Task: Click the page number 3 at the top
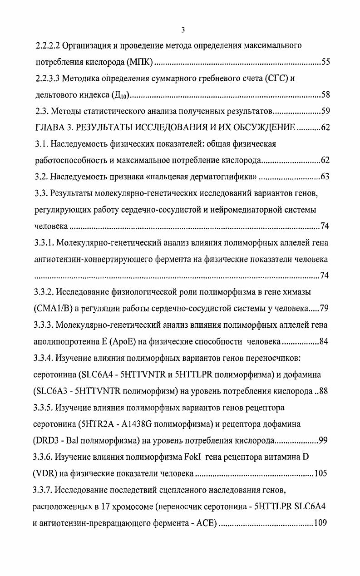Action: tap(182, 30)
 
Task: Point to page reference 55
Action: tap(325, 62)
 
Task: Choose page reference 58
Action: tap(325, 95)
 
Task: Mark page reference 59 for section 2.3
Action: tap(325, 111)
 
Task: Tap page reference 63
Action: tap(325, 177)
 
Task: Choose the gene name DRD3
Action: tap(48, 441)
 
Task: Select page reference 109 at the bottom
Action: tap(321, 523)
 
